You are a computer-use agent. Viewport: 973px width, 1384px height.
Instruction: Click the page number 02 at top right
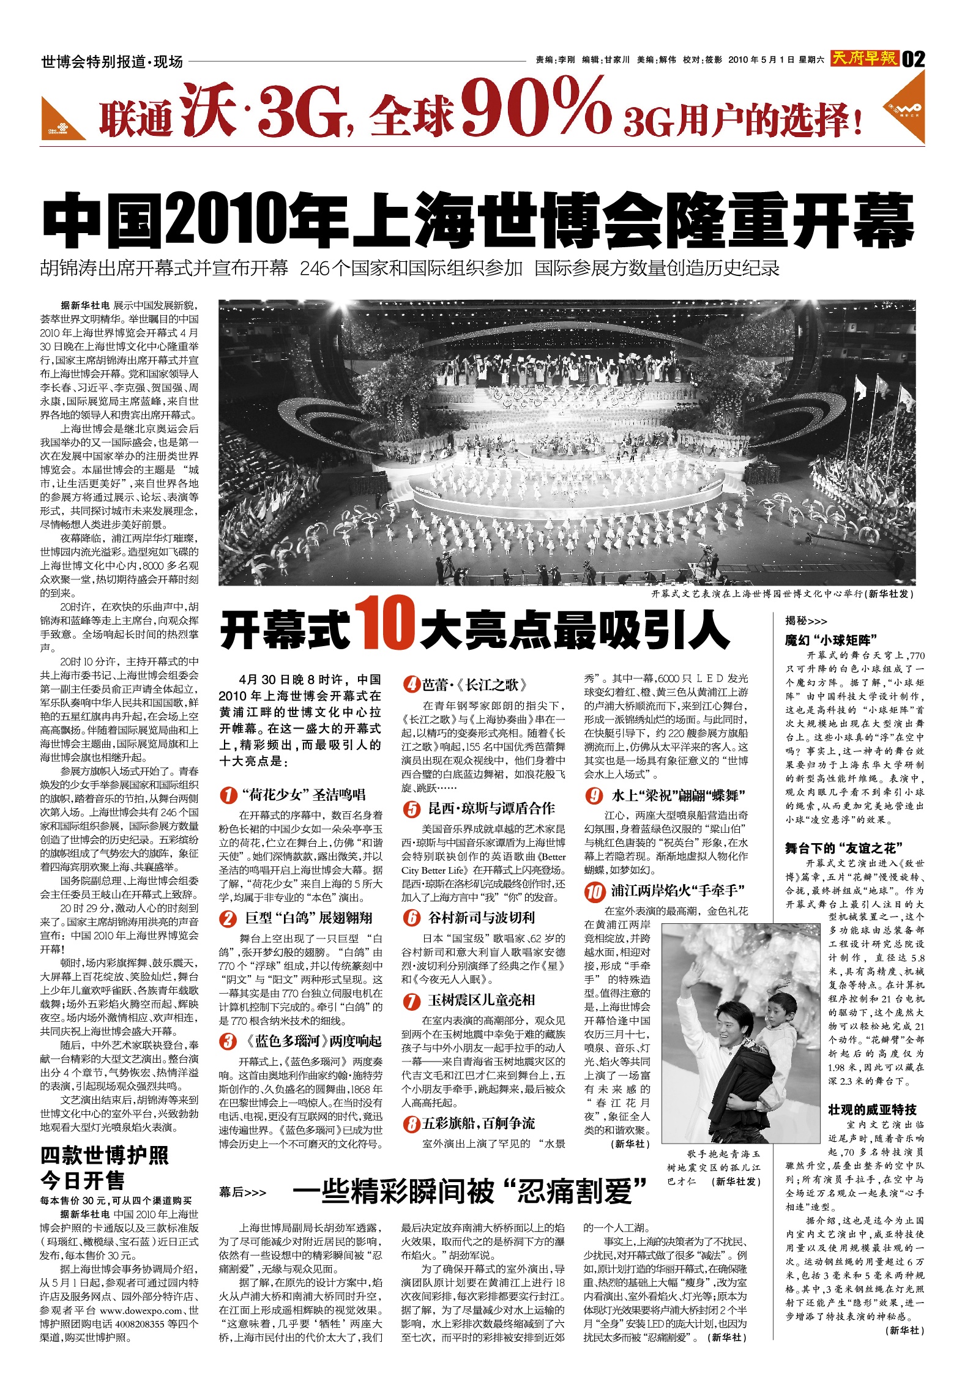click(913, 59)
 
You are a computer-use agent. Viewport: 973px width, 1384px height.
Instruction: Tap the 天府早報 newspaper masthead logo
click(865, 58)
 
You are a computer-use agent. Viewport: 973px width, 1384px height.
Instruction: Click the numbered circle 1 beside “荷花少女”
click(228, 795)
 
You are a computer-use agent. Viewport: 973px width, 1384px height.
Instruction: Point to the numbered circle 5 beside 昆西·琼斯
click(411, 809)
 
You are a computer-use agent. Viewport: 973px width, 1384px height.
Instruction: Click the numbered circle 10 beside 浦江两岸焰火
click(594, 891)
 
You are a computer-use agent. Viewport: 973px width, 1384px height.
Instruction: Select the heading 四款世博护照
click(105, 1156)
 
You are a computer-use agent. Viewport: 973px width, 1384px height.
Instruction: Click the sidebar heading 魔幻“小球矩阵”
click(831, 640)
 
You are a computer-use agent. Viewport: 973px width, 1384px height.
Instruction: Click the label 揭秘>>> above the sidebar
click(806, 620)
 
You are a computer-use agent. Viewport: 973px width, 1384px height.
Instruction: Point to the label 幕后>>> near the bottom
click(243, 1192)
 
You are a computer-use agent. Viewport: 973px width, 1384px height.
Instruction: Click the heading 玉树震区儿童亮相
click(481, 1000)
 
